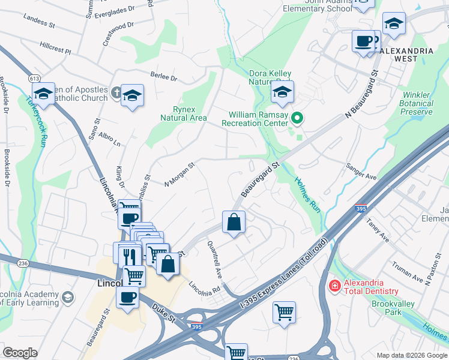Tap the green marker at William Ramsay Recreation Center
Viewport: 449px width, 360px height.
pyautogui.click(x=297, y=118)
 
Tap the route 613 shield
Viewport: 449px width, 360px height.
pyautogui.click(x=34, y=79)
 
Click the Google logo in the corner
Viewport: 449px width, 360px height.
pyautogui.click(x=20, y=353)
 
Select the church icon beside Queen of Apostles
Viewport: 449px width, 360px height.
pyautogui.click(x=117, y=94)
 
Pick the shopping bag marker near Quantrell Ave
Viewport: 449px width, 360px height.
pyautogui.click(x=234, y=223)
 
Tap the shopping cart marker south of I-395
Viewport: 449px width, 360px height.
pyautogui.click(x=284, y=312)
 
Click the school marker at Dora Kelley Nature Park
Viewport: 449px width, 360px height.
pyautogui.click(x=282, y=92)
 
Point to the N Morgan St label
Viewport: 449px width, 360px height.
pyautogui.click(x=180, y=173)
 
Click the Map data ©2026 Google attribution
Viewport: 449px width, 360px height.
pyautogui.click(x=411, y=355)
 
